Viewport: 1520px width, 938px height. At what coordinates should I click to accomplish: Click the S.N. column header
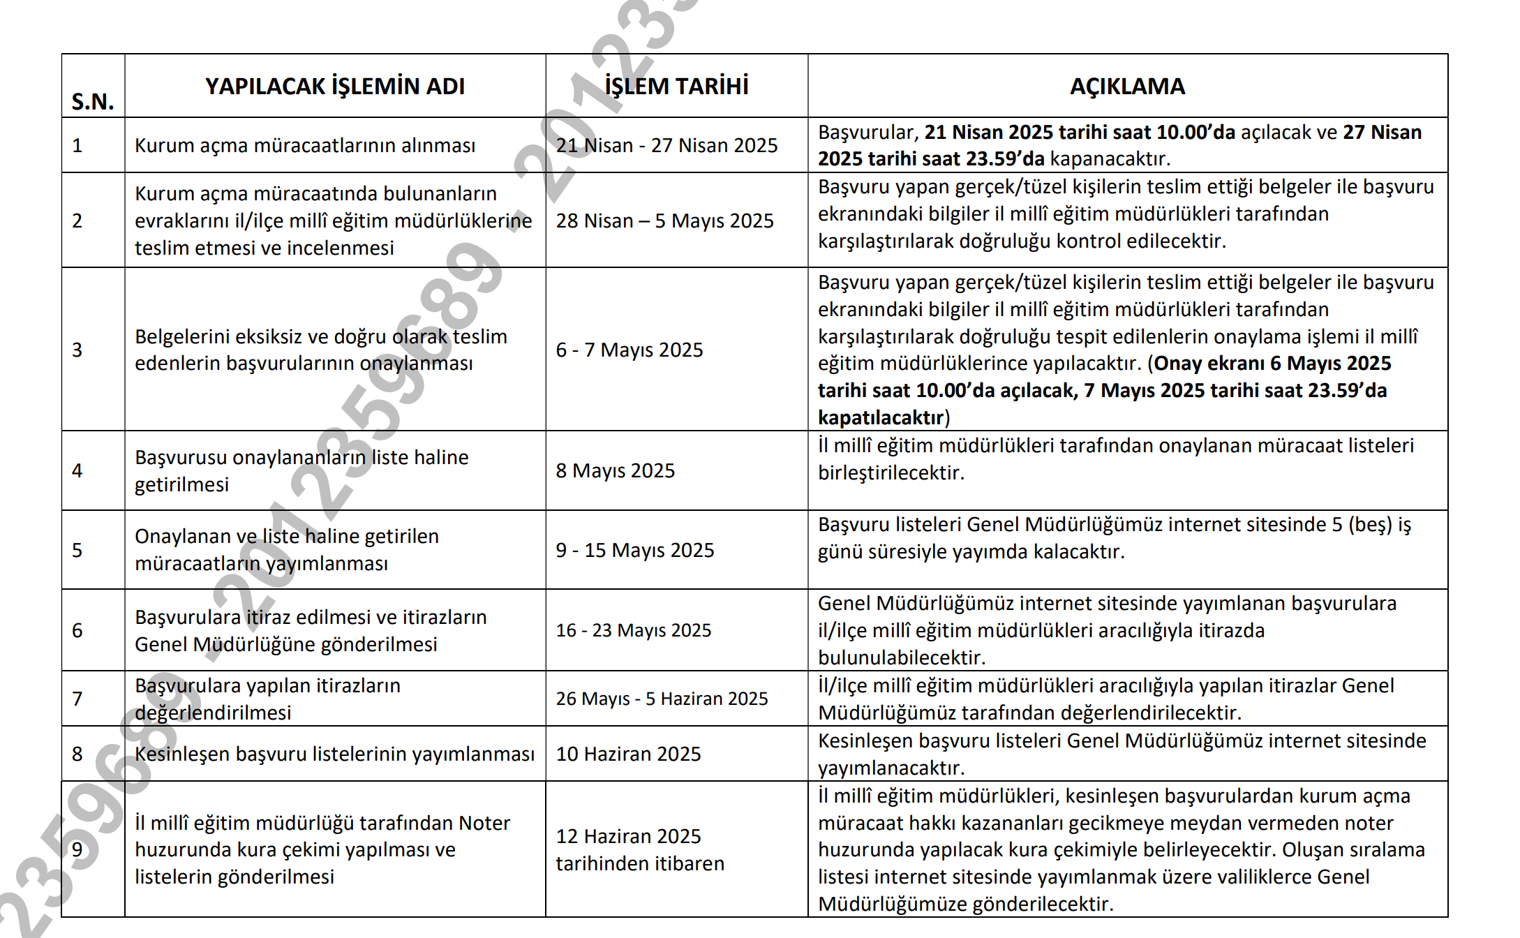tap(92, 101)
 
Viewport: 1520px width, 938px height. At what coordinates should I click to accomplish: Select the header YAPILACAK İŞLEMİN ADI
tap(335, 87)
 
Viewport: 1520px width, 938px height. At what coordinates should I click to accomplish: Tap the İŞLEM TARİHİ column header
tap(676, 87)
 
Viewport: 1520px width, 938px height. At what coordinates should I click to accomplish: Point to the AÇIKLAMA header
tap(1127, 87)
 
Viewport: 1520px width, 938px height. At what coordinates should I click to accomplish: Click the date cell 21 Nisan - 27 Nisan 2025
tap(666, 145)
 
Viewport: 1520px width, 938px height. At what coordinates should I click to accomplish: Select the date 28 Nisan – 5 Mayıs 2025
tap(664, 221)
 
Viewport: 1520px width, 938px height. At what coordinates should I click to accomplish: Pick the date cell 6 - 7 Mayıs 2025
tap(629, 350)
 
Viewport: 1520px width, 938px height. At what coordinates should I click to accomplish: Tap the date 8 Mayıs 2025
tap(615, 470)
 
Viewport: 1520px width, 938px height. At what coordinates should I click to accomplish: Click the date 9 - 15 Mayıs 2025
tap(634, 550)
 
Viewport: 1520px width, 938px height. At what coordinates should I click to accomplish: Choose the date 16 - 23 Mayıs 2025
tap(633, 630)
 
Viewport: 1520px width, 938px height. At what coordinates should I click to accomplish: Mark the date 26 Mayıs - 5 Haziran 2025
tap(662, 699)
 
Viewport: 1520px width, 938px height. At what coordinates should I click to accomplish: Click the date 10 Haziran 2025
tap(628, 754)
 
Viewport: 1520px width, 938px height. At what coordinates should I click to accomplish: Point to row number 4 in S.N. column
tap(77, 470)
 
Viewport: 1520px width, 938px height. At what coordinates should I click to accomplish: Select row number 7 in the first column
tap(77, 699)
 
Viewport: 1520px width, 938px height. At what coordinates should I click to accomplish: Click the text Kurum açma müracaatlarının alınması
tap(304, 145)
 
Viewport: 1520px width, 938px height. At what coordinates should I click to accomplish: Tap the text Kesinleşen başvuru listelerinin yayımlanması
tap(334, 754)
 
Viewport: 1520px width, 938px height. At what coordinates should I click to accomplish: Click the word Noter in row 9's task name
tap(484, 823)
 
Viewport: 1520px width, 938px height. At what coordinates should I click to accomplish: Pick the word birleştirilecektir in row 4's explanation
tap(891, 472)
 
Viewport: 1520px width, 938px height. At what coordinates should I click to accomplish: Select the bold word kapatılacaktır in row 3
tap(881, 417)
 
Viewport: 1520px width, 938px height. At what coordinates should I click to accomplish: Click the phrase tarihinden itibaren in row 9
tap(640, 863)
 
